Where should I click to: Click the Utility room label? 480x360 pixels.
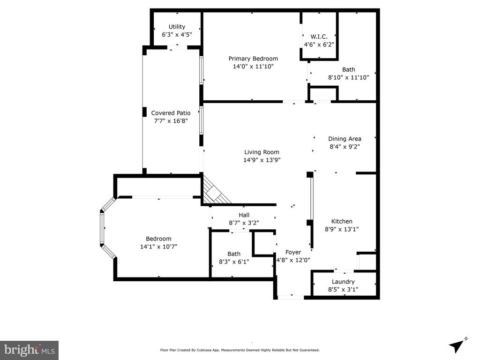[x=177, y=27]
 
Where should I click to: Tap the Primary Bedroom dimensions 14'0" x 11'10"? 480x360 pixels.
[x=253, y=67]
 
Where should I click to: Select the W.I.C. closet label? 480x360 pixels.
[x=319, y=37]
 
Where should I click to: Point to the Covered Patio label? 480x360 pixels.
[x=171, y=113]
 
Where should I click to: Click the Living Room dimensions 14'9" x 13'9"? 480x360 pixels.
[x=262, y=160]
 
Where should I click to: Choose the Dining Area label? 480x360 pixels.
[x=345, y=139]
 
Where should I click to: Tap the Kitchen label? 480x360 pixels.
[x=342, y=221]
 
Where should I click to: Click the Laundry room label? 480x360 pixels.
[x=343, y=282]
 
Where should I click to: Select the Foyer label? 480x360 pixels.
[x=293, y=252]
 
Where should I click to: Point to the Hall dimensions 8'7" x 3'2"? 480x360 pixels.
[x=244, y=223]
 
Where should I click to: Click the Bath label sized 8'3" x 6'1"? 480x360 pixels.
[x=234, y=254]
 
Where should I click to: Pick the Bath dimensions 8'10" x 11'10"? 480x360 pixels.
[x=349, y=77]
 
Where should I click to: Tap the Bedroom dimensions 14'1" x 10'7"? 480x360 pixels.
[x=158, y=247]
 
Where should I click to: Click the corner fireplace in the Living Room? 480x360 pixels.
[x=214, y=192]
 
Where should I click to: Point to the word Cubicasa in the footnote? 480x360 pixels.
[x=205, y=350]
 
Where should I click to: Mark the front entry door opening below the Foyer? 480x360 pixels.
[x=291, y=297]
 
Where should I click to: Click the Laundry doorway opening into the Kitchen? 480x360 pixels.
[x=344, y=271]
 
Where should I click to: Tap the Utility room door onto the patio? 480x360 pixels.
[x=177, y=47]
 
